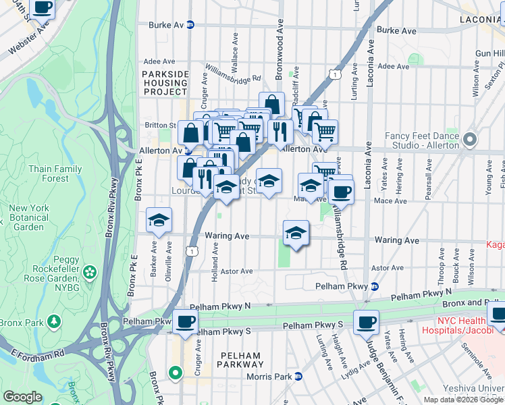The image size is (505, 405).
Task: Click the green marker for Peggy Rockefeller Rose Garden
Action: point(90,272)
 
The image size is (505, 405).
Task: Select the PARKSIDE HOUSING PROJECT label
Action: point(165,82)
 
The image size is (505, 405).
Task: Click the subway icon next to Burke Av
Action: point(190,24)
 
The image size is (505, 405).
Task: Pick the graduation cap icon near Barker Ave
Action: point(159,219)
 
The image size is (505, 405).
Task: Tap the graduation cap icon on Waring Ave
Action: point(296,233)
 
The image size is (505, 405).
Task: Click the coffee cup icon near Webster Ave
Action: point(43,7)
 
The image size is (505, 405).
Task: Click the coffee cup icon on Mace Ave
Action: point(341,191)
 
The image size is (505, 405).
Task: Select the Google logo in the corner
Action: point(22,397)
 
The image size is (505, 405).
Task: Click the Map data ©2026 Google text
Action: point(462,400)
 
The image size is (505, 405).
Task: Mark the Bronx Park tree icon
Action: point(53,322)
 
